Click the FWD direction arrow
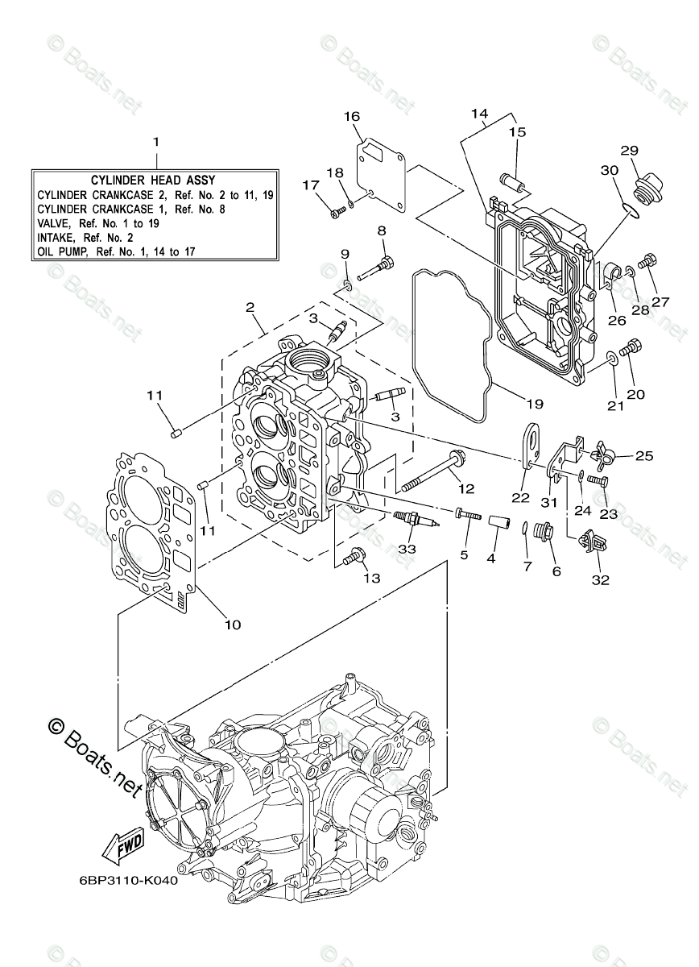122,846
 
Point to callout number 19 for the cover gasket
535,404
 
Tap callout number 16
351,117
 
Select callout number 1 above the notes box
156,141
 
